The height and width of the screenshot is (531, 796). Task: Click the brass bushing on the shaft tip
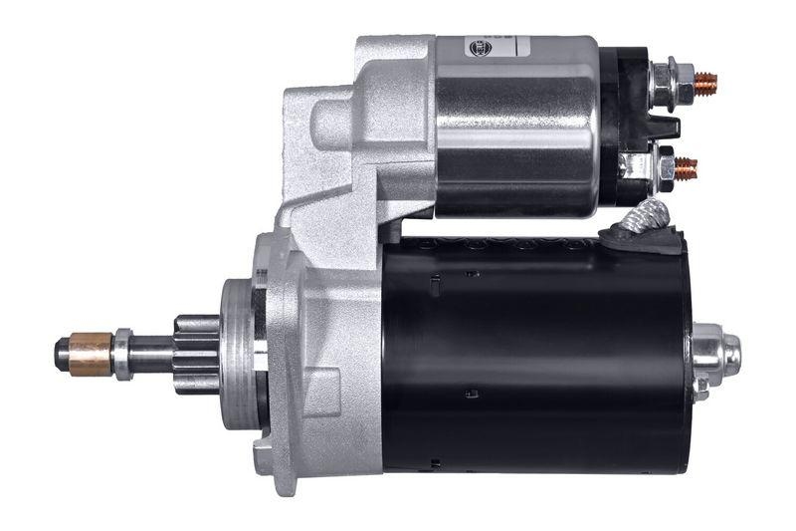91,353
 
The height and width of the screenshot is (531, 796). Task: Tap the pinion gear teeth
197,354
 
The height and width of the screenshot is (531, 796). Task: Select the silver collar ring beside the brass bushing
122,354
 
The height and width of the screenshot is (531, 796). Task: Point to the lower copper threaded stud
687,167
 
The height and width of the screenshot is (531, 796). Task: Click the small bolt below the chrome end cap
700,388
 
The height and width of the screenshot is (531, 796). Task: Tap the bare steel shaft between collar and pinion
152,354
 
